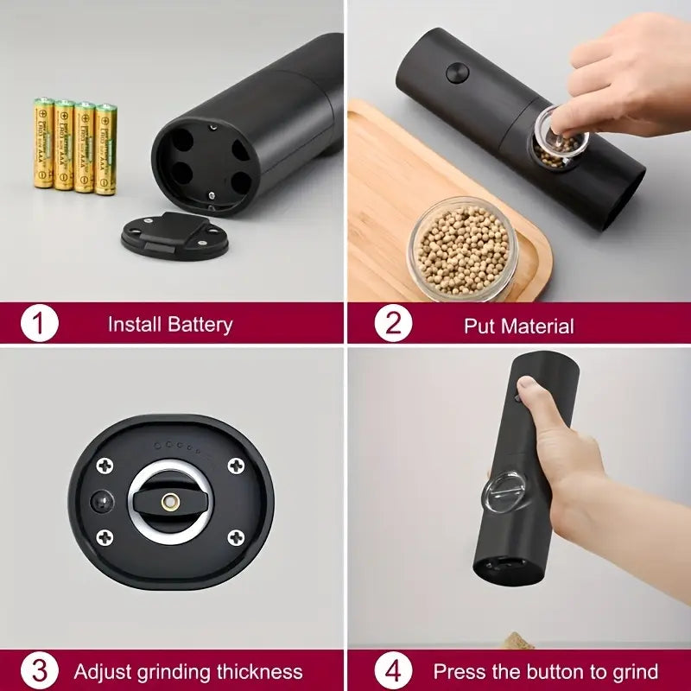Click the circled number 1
pos(39,325)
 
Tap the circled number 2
pos(393,325)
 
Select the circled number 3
pos(39,671)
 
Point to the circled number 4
pos(393,671)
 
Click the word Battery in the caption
pos(200,325)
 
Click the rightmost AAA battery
pos(105,149)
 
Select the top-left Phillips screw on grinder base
pos(105,466)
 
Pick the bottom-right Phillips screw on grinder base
pos(235,538)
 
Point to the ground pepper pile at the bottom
pos(518,641)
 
